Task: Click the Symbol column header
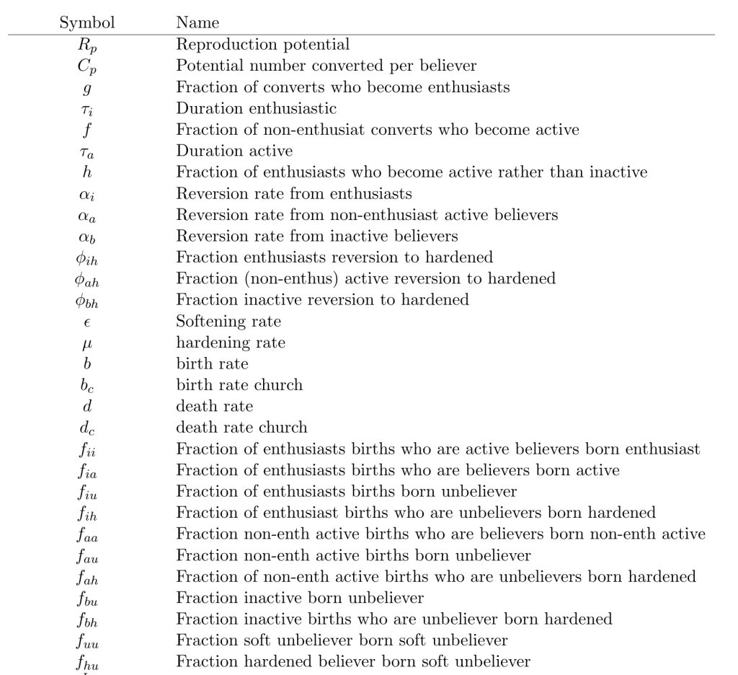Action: [87, 24]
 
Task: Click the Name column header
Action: [197, 24]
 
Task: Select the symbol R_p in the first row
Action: [87, 45]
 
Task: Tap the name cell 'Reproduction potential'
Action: [263, 45]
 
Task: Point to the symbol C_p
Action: [87, 66]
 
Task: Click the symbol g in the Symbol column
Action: [87, 89]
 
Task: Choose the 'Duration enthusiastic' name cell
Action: [256, 109]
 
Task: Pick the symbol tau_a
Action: [87, 152]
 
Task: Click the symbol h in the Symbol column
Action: [87, 172]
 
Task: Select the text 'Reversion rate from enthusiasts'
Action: [294, 194]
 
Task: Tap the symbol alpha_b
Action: [87, 237]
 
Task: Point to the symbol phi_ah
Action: [87, 280]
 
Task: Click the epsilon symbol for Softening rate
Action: [87, 322]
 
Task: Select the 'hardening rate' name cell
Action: [231, 343]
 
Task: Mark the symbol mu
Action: [87, 344]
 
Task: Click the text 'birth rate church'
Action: [239, 385]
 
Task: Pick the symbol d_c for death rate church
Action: [87, 428]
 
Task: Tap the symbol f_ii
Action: [87, 450]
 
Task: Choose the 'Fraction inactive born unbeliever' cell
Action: [300, 598]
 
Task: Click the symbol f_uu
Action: [87, 641]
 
